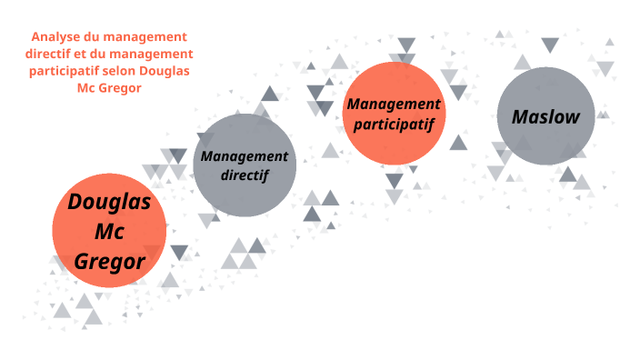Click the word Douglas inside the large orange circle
pyautogui.click(x=109, y=201)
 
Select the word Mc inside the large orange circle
pyautogui.click(x=109, y=232)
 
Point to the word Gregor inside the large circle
pyautogui.click(x=109, y=262)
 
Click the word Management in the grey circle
pyautogui.click(x=244, y=155)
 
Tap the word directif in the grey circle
pyautogui.click(x=244, y=175)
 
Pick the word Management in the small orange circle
pyautogui.click(x=393, y=104)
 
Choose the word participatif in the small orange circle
pyautogui.click(x=393, y=123)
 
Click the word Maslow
pyautogui.click(x=545, y=116)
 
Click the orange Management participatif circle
pyautogui.click(x=393, y=145)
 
